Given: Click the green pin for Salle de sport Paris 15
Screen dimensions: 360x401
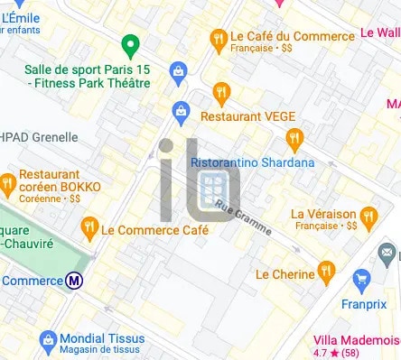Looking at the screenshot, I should point(129,44).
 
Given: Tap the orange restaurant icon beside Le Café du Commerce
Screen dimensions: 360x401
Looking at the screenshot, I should point(218,39).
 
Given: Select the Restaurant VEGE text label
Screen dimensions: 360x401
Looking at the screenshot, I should point(243,116).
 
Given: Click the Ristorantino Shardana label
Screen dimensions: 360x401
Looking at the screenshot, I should point(253,162).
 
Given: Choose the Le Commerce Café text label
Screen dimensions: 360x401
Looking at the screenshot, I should point(154,230).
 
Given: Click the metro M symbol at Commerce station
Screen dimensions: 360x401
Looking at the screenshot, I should point(75,281).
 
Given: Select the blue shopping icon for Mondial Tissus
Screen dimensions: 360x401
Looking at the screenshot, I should point(47,341).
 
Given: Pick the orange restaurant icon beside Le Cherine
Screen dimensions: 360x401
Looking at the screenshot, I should point(326,271).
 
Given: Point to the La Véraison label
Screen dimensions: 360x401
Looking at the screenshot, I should point(322,214).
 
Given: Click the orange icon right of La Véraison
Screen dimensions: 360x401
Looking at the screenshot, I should point(368,217).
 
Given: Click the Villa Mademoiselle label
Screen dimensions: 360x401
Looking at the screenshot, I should point(356,339).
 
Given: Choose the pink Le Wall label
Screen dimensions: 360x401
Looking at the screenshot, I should point(379,32).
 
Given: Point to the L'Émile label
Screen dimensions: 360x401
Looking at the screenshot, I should point(22,15).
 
